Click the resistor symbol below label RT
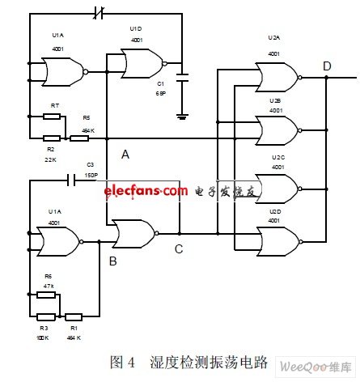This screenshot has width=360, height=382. pos(54,116)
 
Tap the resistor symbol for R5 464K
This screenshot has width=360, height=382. pos(79,138)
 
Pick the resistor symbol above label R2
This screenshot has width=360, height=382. pos(51,138)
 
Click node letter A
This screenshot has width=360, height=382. pos(125,155)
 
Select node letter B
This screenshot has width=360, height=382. pos(112,261)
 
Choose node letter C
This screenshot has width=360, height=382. pos(179,249)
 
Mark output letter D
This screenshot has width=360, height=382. pos(326,66)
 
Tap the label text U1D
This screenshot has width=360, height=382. pos(135,29)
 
